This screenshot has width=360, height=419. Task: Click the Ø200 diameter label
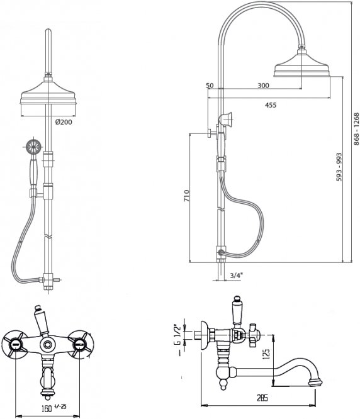[x=64, y=122]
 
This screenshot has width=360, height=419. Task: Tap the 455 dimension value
[x=271, y=105]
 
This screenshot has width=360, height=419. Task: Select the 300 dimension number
[x=263, y=86]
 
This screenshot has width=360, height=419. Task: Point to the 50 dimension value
[x=210, y=86]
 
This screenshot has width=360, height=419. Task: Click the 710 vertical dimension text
[x=186, y=195]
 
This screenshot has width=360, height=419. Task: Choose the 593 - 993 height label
[x=339, y=167]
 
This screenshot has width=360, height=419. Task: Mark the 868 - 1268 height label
[x=356, y=129]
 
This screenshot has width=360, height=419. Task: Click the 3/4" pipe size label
[x=236, y=276]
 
